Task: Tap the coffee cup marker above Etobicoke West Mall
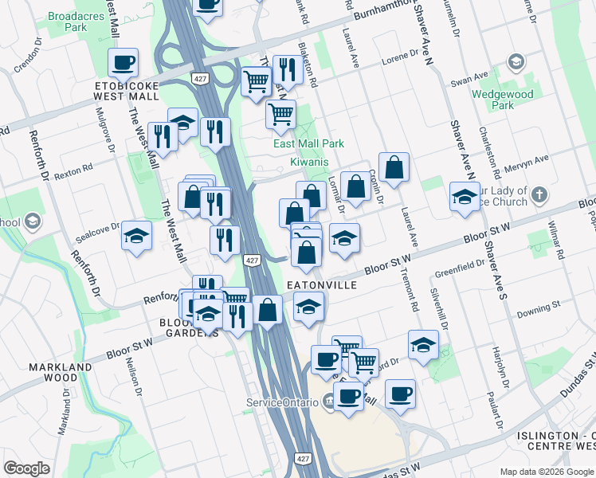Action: coord(123,62)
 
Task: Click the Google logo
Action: coord(26,468)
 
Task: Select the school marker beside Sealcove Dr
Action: coord(137,237)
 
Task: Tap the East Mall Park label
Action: coord(308,143)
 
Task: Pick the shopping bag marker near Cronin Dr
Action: coord(394,168)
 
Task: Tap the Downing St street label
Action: coord(534,310)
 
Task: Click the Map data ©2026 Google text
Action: coord(546,472)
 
